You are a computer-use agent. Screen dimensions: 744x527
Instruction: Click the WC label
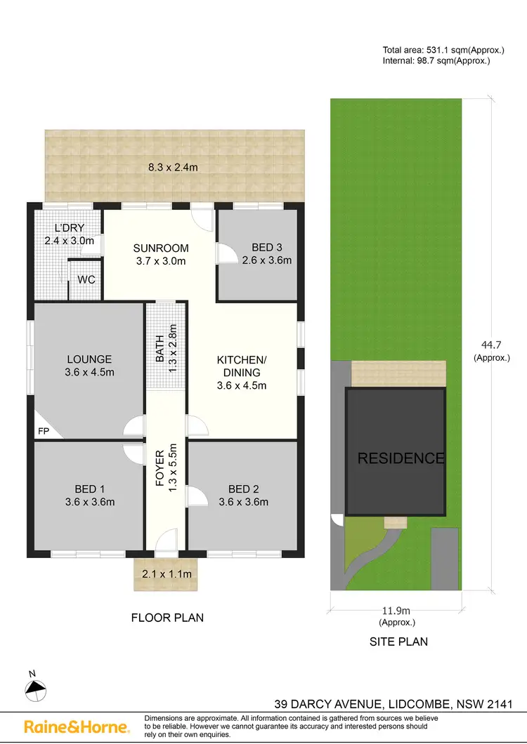86,279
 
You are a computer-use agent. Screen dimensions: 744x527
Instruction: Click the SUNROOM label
162,248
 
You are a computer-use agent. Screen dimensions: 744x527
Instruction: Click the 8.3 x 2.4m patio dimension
173,167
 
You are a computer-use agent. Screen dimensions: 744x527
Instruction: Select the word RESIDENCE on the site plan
401,458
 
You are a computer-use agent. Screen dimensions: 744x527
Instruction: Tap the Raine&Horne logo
77,726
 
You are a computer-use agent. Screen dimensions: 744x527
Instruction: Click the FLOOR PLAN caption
167,618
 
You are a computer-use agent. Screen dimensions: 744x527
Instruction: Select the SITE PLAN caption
398,641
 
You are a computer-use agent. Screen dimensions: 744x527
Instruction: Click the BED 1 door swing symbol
132,452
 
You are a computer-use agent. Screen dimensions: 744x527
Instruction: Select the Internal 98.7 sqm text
436,60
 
